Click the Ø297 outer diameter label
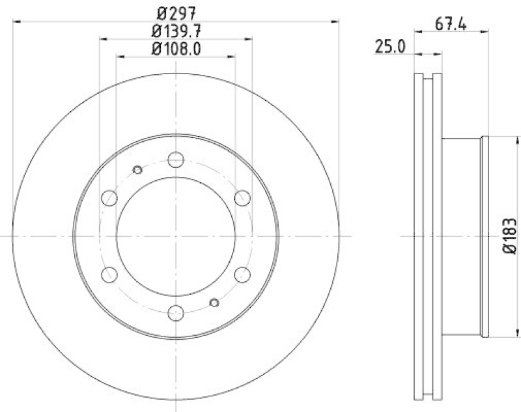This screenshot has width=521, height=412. (x=175, y=11)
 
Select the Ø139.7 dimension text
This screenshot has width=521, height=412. (x=175, y=30)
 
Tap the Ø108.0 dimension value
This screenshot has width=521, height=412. (x=175, y=48)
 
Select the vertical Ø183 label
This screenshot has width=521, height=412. (x=509, y=236)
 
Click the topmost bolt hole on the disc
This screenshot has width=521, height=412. (x=176, y=159)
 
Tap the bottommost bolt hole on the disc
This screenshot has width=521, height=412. (x=176, y=314)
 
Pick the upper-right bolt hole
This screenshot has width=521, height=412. (x=242, y=198)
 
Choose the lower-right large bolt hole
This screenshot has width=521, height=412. (x=242, y=275)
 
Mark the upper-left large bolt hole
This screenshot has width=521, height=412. (x=109, y=198)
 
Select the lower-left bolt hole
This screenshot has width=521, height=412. (x=109, y=275)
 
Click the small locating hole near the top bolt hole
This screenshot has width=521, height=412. (x=137, y=170)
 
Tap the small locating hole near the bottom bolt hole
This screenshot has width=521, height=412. (x=214, y=302)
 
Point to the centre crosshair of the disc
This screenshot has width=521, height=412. (x=176, y=236)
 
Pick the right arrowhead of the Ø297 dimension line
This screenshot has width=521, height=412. (x=336, y=21)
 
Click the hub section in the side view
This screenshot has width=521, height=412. (x=462, y=236)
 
